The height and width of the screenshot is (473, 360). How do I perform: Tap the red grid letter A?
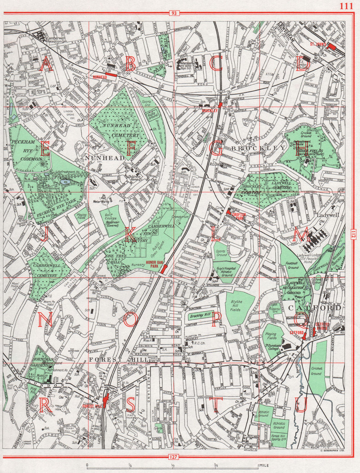coord(46,64)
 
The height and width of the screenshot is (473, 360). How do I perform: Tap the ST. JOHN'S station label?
coord(318,45)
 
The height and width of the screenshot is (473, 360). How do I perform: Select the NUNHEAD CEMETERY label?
coord(120,131)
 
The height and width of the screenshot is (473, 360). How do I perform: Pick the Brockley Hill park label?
coord(201,316)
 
